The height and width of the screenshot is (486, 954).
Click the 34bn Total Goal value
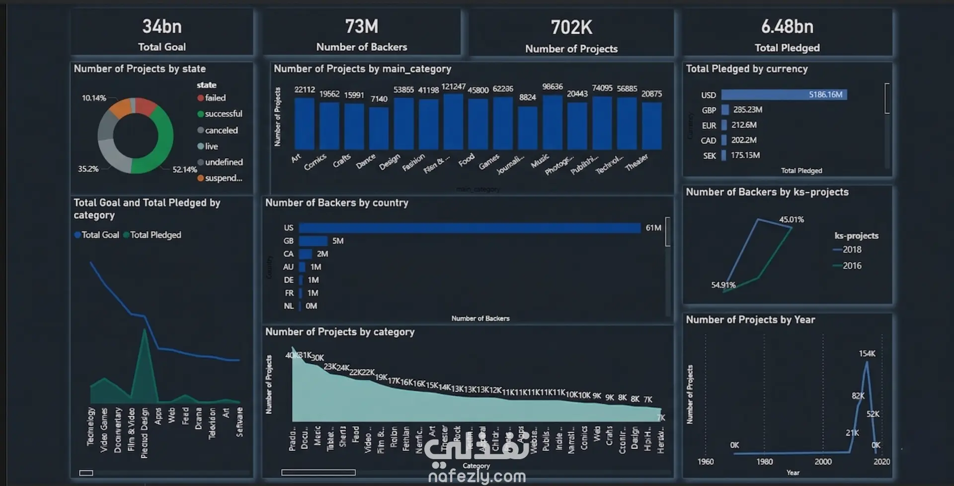point(162,26)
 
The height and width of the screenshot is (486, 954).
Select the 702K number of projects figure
point(571,27)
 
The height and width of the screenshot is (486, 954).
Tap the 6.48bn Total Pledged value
point(787,26)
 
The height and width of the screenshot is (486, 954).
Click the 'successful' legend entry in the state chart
point(223,114)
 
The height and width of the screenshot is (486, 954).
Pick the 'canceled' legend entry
point(221,130)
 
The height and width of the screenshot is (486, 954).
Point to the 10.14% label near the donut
point(94,98)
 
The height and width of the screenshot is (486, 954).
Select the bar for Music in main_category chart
point(552,122)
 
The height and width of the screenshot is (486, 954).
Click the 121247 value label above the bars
point(453,87)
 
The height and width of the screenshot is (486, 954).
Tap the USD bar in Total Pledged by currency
point(784,95)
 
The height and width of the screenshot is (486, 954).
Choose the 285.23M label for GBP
point(747,109)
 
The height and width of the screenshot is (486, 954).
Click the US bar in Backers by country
point(469,228)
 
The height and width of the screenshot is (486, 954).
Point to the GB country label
point(289,241)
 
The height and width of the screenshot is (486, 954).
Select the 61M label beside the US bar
point(653,228)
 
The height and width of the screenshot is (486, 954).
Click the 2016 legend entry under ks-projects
point(852,266)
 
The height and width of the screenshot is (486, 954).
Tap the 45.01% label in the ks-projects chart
point(791,219)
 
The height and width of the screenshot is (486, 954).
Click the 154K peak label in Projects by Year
point(867,354)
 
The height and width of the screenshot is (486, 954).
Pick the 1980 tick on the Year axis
point(764,462)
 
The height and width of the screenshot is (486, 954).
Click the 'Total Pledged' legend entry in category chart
point(155,235)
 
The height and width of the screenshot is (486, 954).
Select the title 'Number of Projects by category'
point(339,332)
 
